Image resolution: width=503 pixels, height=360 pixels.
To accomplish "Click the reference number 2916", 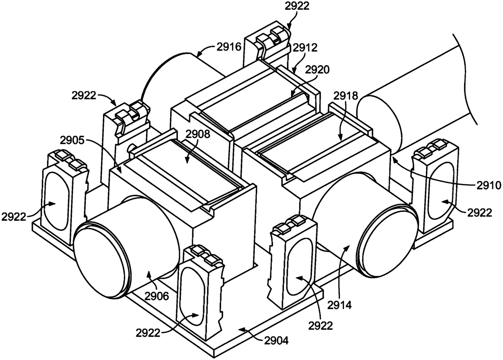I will coord(228,47).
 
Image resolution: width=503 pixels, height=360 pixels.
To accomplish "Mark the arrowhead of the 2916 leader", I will coord(198,54).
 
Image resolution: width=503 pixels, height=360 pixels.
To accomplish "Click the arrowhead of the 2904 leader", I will coord(239,328).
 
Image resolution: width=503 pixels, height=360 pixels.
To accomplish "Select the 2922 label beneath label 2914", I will coord(321,326).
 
